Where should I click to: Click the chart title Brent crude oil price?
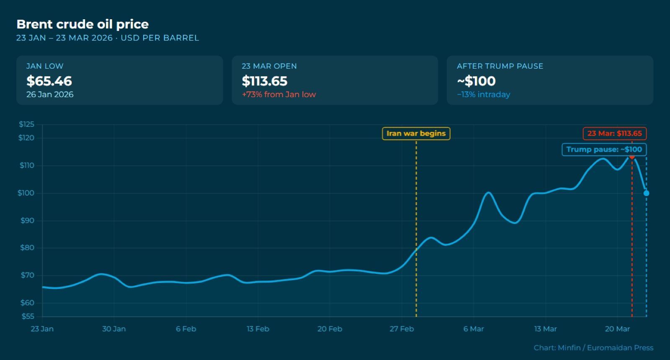click(82, 25)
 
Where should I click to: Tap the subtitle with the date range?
click(108, 38)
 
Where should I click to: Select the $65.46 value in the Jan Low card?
click(49, 81)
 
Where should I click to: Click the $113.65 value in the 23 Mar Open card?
click(264, 81)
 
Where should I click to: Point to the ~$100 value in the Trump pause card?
click(476, 81)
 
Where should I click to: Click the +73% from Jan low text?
click(279, 95)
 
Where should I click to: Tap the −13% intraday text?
click(483, 95)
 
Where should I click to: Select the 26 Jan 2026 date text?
click(50, 95)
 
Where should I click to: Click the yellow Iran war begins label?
click(416, 134)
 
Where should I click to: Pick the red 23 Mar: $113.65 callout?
click(615, 134)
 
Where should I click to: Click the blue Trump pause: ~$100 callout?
click(604, 149)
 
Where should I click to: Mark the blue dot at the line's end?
click(647, 193)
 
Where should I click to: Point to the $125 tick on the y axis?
click(27, 124)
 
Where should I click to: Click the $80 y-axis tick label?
click(27, 247)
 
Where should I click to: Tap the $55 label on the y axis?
click(28, 316)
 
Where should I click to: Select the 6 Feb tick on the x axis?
click(186, 329)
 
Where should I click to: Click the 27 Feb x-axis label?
click(402, 329)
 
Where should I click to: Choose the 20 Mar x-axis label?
click(617, 329)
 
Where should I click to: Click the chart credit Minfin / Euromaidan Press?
click(593, 348)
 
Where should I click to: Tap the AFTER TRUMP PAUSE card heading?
click(500, 66)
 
